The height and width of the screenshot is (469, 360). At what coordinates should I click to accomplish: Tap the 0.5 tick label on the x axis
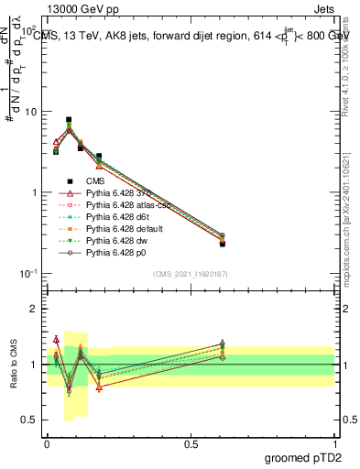[x=191, y=443]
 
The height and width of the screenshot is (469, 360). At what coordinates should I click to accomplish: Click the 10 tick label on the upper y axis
[x=29, y=112]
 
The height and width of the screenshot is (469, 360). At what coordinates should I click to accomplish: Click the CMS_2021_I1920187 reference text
[x=191, y=274]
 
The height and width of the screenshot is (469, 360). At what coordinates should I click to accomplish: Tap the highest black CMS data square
[x=69, y=120]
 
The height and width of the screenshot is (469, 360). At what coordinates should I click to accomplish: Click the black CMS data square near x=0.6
[x=223, y=244]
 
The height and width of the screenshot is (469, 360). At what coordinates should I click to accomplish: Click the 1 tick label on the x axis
[x=336, y=443]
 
